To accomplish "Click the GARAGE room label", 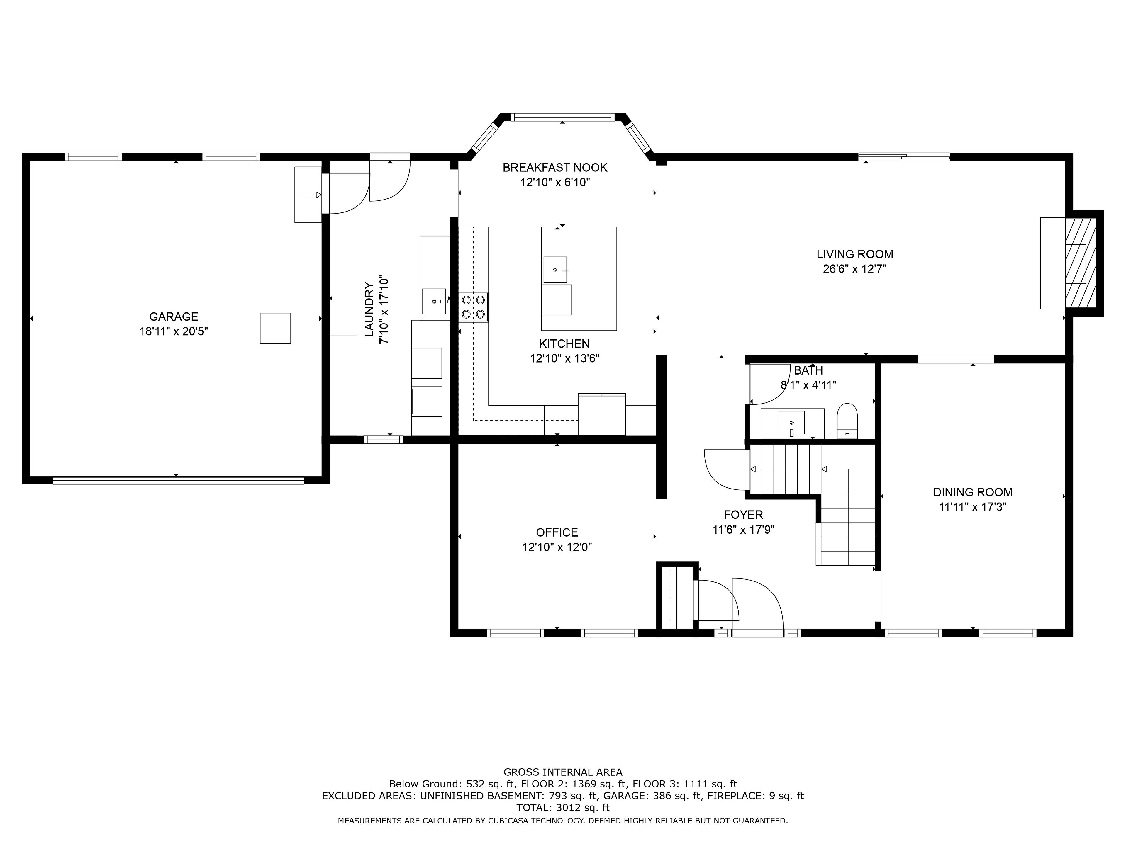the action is coord(174,316).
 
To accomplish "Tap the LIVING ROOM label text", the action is coord(855,254).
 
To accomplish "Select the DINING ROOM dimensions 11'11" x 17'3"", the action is coord(973,507).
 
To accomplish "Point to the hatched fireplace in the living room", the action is coord(1080,263).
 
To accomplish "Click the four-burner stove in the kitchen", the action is coord(473,307).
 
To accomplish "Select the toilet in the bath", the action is coord(847,421).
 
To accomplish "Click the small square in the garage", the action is coord(275,328).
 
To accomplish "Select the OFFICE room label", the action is coord(557,532).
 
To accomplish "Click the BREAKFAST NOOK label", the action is coord(555,167).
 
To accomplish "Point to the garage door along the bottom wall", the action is coord(178,480).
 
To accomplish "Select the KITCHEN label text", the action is coord(564,343).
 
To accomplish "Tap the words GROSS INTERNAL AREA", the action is coord(563,772).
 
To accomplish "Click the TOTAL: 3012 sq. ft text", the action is coord(563,807).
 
